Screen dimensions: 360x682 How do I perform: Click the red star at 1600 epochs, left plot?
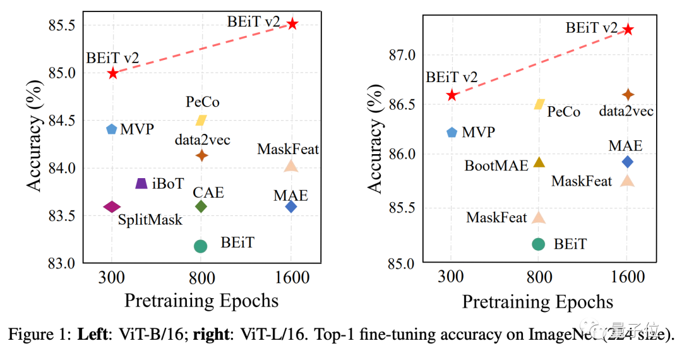pos(292,23)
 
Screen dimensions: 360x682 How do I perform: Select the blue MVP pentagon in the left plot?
pos(112,129)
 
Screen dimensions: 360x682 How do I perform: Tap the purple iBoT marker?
pos(141,183)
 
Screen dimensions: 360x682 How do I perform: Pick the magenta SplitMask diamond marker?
pos(112,207)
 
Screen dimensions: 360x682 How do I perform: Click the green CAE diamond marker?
pos(201,207)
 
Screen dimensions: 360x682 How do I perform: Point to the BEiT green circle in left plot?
pos(201,246)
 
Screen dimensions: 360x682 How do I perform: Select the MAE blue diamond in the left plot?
pos(291,207)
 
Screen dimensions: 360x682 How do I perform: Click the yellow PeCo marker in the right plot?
pos(539,104)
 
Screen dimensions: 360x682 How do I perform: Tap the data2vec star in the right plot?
pos(628,94)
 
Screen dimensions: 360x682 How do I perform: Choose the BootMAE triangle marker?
pos(539,162)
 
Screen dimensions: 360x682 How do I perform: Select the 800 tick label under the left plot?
pos(201,279)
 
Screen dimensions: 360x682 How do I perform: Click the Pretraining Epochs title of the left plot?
pos(201,301)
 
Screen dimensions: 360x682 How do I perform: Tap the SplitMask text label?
pos(150,220)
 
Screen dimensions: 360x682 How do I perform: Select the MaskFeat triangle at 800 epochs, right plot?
pos(539,217)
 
